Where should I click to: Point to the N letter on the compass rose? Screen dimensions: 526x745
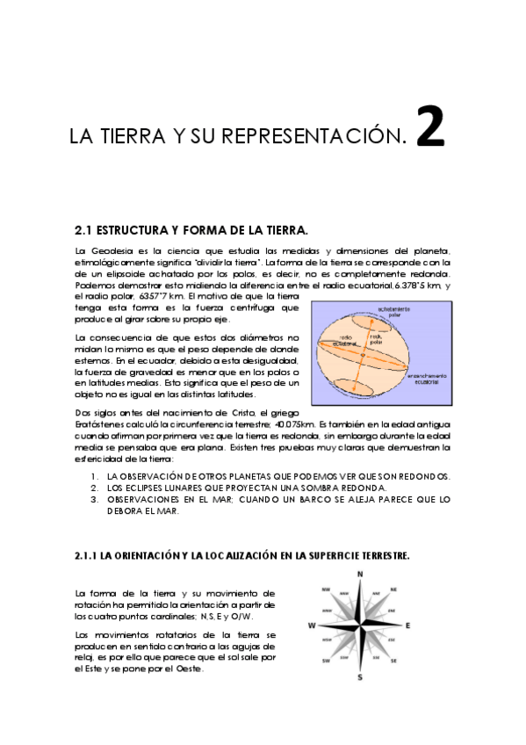click(360, 575)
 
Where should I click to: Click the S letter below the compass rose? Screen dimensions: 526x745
click(360, 677)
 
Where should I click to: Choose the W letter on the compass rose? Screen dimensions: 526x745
click(311, 626)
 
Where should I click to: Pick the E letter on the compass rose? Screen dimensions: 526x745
click(409, 626)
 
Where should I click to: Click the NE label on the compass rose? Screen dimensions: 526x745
click(393, 589)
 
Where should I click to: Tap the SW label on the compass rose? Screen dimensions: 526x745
click(326, 661)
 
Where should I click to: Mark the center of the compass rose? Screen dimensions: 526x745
click(360, 626)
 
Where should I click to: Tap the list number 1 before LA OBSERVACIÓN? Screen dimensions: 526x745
click(94, 475)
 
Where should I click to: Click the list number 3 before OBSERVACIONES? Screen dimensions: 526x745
click(94, 498)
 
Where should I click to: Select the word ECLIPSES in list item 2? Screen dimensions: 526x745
click(142, 487)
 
